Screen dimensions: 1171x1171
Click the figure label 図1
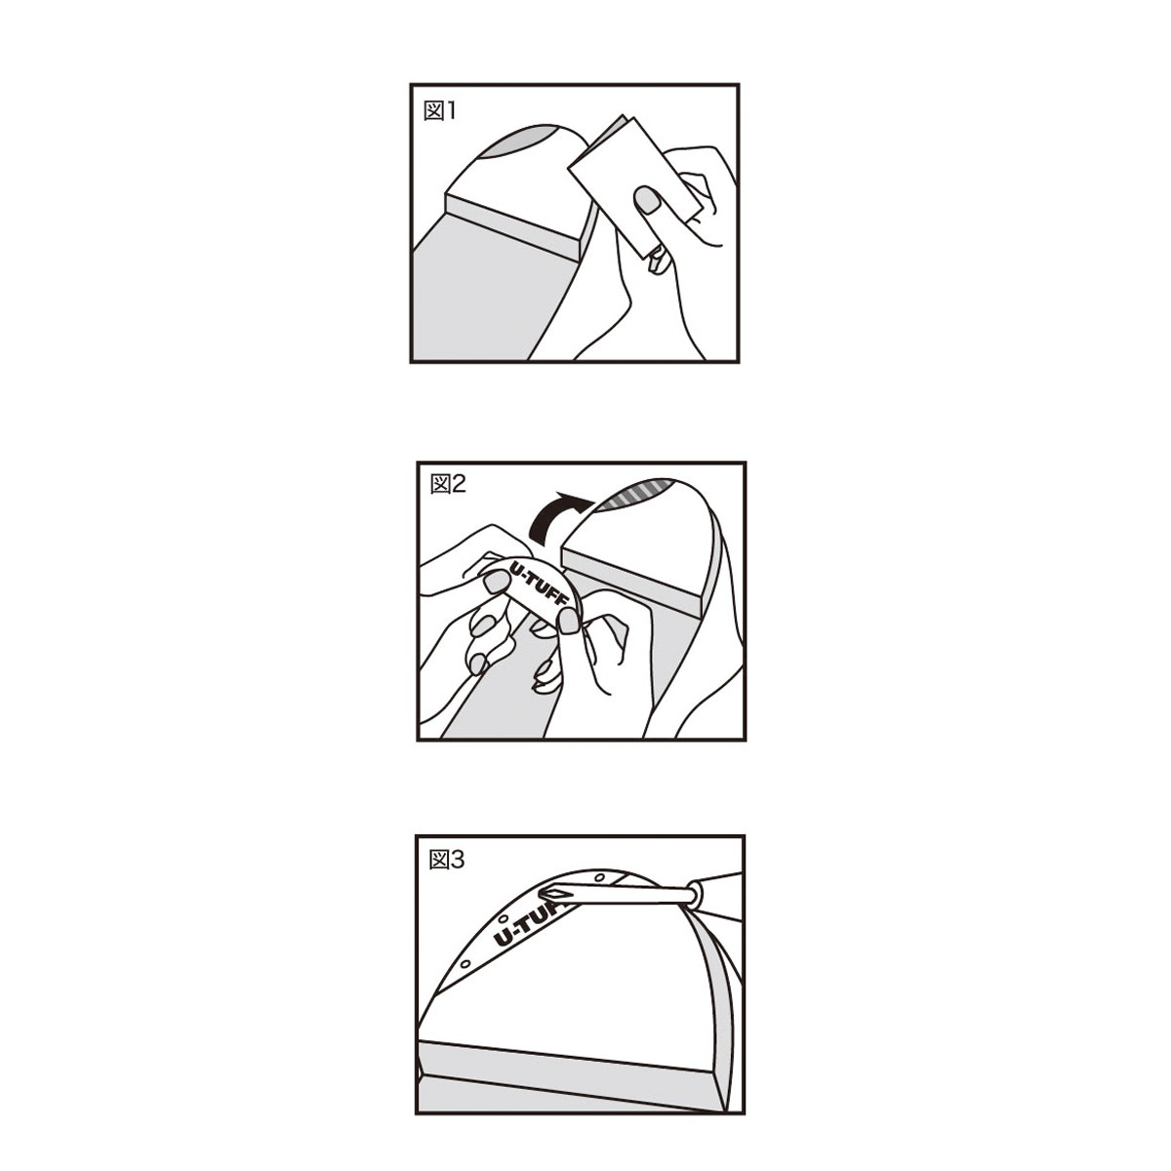pyautogui.click(x=439, y=111)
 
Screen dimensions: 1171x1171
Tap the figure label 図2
pyautogui.click(x=447, y=484)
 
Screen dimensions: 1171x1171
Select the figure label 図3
pyautogui.click(x=446, y=860)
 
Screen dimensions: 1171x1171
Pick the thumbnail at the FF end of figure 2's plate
pyautogui.click(x=569, y=621)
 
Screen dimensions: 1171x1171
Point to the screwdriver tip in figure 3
pyautogui.click(x=551, y=892)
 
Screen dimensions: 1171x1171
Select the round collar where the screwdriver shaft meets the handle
pyautogui.click(x=694, y=894)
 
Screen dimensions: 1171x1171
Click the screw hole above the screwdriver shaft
pyautogui.click(x=599, y=877)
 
